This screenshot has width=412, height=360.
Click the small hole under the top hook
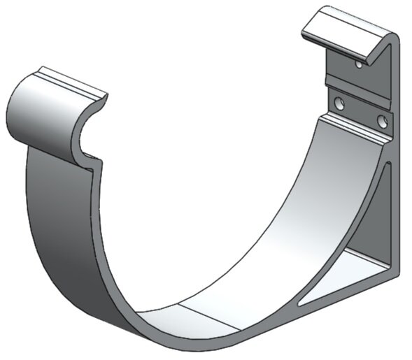pyautogui.click(x=358, y=64)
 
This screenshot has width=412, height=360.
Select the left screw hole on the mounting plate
pyautogui.click(x=339, y=104)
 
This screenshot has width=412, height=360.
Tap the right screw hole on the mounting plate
pyautogui.click(x=382, y=121)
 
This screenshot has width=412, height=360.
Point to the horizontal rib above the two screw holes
pyautogui.click(x=357, y=82)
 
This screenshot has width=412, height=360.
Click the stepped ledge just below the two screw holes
pyautogui.click(x=353, y=129)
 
